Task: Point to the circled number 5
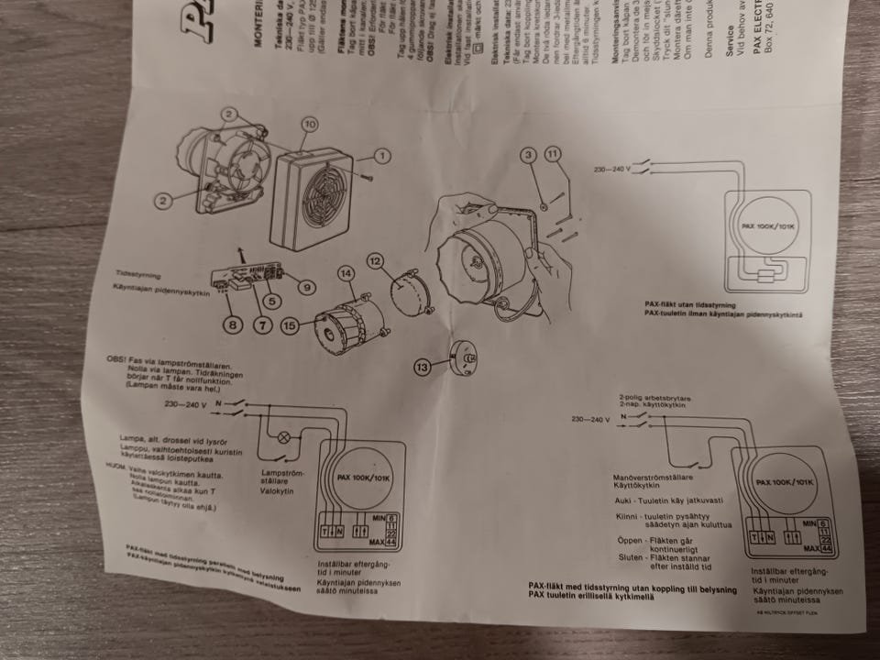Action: pos(269,300)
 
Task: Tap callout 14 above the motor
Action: pos(345,273)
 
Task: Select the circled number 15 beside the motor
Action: pos(290,324)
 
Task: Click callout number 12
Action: pos(376,260)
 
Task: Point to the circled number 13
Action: pos(423,367)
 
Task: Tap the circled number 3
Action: pos(527,156)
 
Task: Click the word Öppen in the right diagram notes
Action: pos(631,541)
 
